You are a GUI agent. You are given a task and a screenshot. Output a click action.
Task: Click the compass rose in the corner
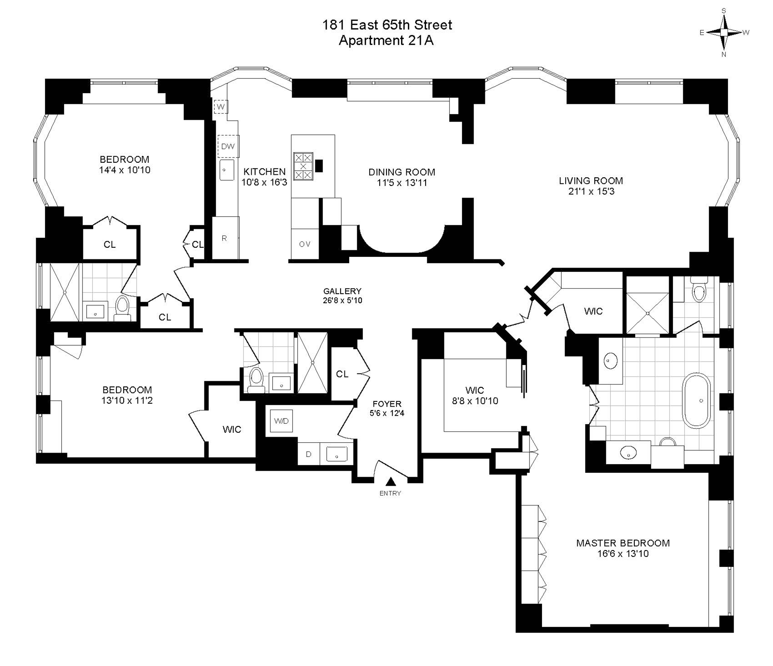pyautogui.click(x=724, y=32)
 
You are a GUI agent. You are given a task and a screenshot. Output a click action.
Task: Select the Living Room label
pyautogui.click(x=590, y=181)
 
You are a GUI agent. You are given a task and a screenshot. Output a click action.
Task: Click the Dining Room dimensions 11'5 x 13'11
pyautogui.click(x=402, y=183)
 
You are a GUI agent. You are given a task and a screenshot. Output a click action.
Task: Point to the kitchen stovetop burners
pyautogui.click(x=303, y=166)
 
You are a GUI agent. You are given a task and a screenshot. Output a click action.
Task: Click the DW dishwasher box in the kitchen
pyautogui.click(x=228, y=146)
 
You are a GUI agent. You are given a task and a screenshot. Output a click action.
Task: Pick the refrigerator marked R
pyautogui.click(x=225, y=238)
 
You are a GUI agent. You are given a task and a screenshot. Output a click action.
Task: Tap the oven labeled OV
pyautogui.click(x=304, y=244)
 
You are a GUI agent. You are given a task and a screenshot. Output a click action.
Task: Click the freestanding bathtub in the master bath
pyautogui.click(x=696, y=400)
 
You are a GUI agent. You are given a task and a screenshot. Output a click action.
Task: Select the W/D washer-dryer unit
pyautogui.click(x=281, y=421)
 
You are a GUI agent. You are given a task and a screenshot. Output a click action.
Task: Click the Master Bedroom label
pyautogui.click(x=623, y=543)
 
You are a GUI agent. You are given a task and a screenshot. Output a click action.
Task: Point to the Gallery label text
pyautogui.click(x=342, y=291)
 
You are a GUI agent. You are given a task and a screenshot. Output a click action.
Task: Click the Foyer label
pyautogui.click(x=387, y=404)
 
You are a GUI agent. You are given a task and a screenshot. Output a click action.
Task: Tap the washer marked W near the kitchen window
pyautogui.click(x=221, y=106)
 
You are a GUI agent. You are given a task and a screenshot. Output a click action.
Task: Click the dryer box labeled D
pyautogui.click(x=308, y=454)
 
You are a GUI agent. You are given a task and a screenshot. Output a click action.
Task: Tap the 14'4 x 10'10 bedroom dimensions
pyautogui.click(x=125, y=170)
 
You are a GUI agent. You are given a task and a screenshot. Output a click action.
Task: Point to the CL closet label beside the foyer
pyautogui.click(x=342, y=374)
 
